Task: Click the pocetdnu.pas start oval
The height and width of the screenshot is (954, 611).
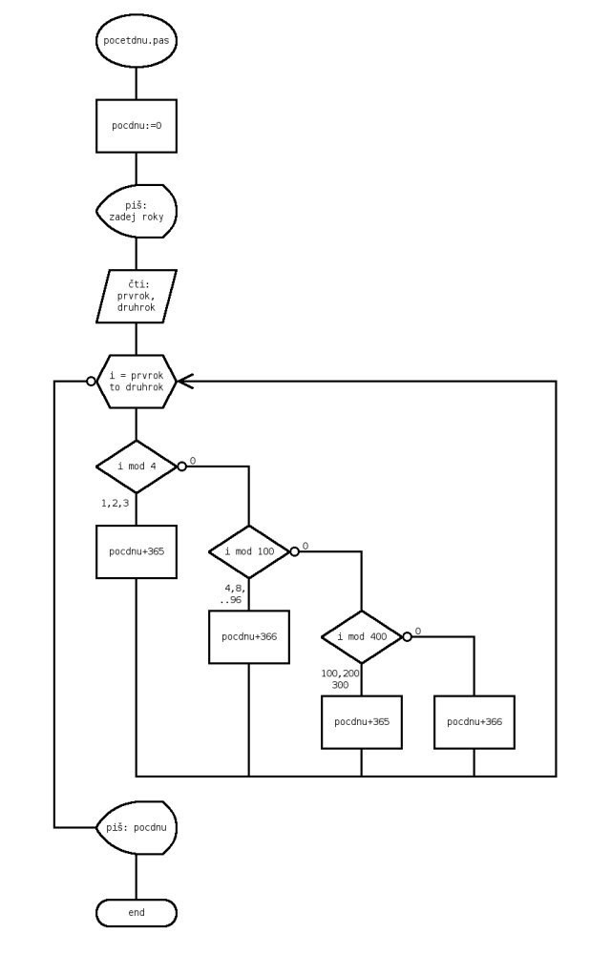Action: pos(137,42)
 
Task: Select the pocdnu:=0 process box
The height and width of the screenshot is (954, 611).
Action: pos(137,125)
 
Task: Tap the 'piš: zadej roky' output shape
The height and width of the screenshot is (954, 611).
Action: pos(137,211)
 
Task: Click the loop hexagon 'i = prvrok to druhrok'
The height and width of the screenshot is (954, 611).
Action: pos(137,382)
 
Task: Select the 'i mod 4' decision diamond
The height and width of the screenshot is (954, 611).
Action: pos(137,467)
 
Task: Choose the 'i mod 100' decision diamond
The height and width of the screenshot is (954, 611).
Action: pos(249,551)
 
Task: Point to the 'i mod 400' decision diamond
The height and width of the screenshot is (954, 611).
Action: pos(362,636)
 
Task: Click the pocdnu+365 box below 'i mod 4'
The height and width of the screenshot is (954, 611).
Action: pos(137,551)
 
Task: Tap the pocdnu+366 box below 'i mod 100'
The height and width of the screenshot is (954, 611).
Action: pos(249,636)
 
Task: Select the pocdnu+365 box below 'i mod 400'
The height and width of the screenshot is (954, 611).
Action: pos(362,721)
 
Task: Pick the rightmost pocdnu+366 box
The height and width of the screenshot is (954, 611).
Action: pos(474,721)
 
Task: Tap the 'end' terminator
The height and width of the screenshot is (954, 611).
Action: pos(137,913)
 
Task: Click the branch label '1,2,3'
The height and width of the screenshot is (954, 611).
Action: pos(115,502)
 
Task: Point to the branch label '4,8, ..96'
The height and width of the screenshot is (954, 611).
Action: pos(230,594)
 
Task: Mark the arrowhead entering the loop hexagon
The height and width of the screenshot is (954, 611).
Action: pos(184,382)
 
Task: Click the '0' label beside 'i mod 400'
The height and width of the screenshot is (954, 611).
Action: pos(417,632)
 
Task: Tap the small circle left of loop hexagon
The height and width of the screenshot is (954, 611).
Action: pos(92,382)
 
